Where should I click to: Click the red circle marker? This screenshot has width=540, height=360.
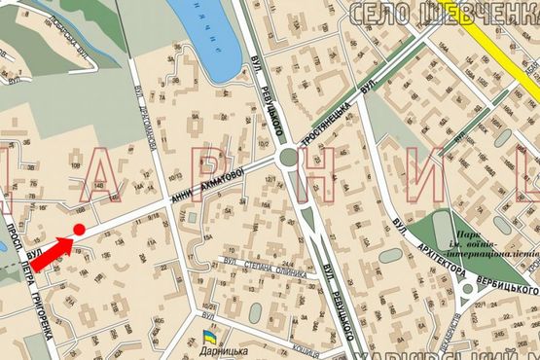78,230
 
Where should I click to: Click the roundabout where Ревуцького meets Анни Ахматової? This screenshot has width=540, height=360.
288,157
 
